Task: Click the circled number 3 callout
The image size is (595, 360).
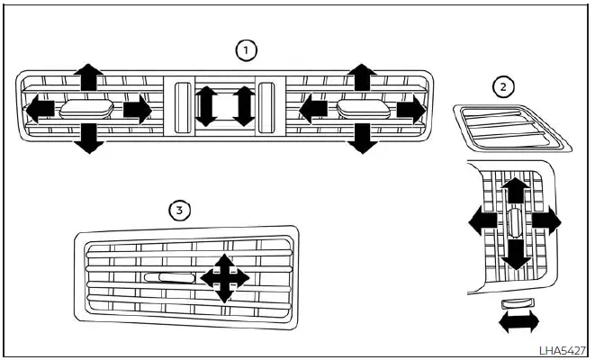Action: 181,211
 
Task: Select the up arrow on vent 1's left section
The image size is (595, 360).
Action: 87,77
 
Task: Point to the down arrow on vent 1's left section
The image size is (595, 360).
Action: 87,139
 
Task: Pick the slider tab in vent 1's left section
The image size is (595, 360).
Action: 86,110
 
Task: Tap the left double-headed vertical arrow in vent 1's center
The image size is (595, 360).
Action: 205,105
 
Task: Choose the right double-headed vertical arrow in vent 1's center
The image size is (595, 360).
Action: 243,105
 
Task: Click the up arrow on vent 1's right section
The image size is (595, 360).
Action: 362,77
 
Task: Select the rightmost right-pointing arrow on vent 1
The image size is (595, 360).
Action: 410,110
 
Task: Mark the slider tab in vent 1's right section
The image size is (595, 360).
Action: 362,110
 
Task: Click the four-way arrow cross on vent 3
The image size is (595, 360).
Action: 224,278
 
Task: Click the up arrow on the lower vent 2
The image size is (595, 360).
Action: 514,191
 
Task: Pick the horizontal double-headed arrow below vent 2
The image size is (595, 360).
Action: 519,320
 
